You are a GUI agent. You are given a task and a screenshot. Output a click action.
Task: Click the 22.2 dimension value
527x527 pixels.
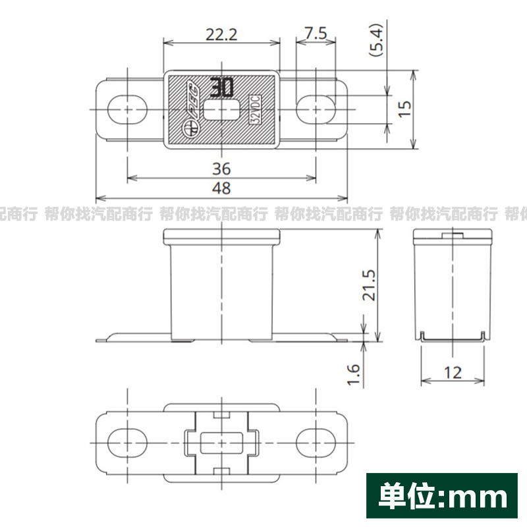pos(221,35)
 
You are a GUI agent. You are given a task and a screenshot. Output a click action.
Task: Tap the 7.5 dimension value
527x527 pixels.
pos(316,34)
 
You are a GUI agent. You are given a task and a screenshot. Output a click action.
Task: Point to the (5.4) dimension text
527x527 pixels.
pos(376,40)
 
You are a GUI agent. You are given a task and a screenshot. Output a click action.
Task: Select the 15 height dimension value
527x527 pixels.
pos(404,109)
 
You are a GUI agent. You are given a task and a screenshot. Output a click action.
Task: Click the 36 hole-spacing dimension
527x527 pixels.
pos(221,169)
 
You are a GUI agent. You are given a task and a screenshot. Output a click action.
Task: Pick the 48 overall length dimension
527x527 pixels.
pos(221,188)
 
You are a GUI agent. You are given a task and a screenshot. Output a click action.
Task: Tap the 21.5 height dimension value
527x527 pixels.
pos(369,285)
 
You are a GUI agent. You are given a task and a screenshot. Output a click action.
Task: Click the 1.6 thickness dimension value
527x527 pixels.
pos(353,374)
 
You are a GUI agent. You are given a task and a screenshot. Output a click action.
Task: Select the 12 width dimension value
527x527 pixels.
pos(453,373)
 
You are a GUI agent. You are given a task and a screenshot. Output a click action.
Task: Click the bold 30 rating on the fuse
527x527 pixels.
pos(222,88)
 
